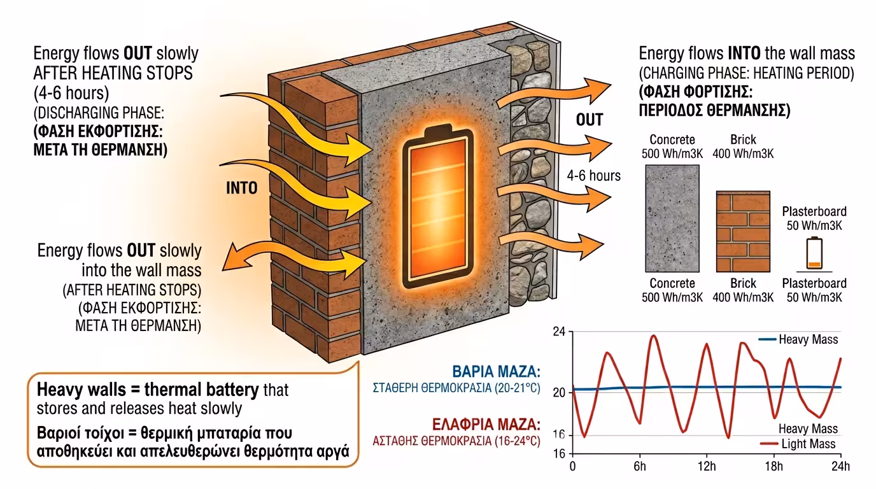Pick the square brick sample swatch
click(x=742, y=232)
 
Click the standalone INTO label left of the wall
click(x=241, y=188)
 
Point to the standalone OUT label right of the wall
click(x=589, y=120)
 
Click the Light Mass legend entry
click(x=807, y=444)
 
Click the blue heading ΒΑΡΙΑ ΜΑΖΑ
click(x=495, y=372)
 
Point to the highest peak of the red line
click(x=653, y=336)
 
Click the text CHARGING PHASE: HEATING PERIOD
click(x=747, y=73)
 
